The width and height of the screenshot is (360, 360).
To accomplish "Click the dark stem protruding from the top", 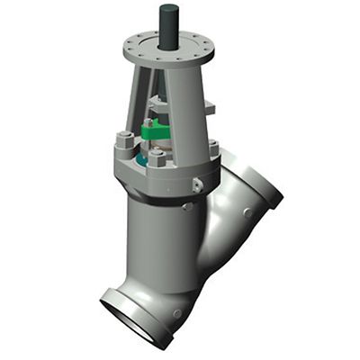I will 168,22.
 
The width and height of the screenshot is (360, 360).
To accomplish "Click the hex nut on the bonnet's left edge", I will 122,141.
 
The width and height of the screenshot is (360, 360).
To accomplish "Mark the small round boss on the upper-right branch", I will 246,213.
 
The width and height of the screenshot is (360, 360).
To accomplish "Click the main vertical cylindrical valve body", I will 157,243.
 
